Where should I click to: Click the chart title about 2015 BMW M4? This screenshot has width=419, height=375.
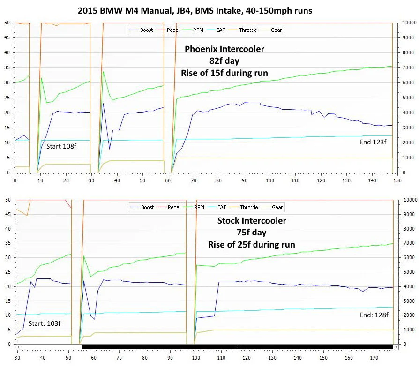tap(195, 11)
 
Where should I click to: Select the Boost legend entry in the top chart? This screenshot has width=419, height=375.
tap(142, 30)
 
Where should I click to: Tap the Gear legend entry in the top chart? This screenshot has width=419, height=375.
tap(271, 30)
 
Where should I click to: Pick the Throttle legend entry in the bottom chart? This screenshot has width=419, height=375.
tap(244, 207)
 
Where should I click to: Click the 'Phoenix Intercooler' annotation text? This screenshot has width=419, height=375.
tap(224, 49)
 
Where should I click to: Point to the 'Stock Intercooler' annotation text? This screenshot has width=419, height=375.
tap(252, 220)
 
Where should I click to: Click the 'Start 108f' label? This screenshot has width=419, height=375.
tap(61, 146)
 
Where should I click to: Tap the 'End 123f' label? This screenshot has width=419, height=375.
tap(373, 142)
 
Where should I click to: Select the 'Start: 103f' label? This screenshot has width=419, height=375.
tap(45, 323)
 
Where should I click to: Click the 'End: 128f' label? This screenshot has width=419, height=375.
tap(374, 315)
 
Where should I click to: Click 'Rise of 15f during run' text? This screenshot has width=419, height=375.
tap(224, 73)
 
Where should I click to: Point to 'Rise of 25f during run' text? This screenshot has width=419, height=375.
tap(252, 245)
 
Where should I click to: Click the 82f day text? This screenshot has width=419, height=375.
tap(224, 61)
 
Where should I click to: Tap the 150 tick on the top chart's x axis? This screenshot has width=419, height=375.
tap(397, 180)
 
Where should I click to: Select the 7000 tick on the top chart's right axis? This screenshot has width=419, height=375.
tap(410, 67)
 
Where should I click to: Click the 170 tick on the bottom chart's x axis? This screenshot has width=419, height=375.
tap(374, 358)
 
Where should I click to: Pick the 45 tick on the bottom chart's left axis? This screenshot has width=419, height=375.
tap(8, 214)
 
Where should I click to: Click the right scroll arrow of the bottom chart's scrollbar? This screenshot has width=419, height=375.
tap(396, 347)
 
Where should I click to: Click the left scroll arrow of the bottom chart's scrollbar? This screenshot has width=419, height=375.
tap(19, 347)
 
